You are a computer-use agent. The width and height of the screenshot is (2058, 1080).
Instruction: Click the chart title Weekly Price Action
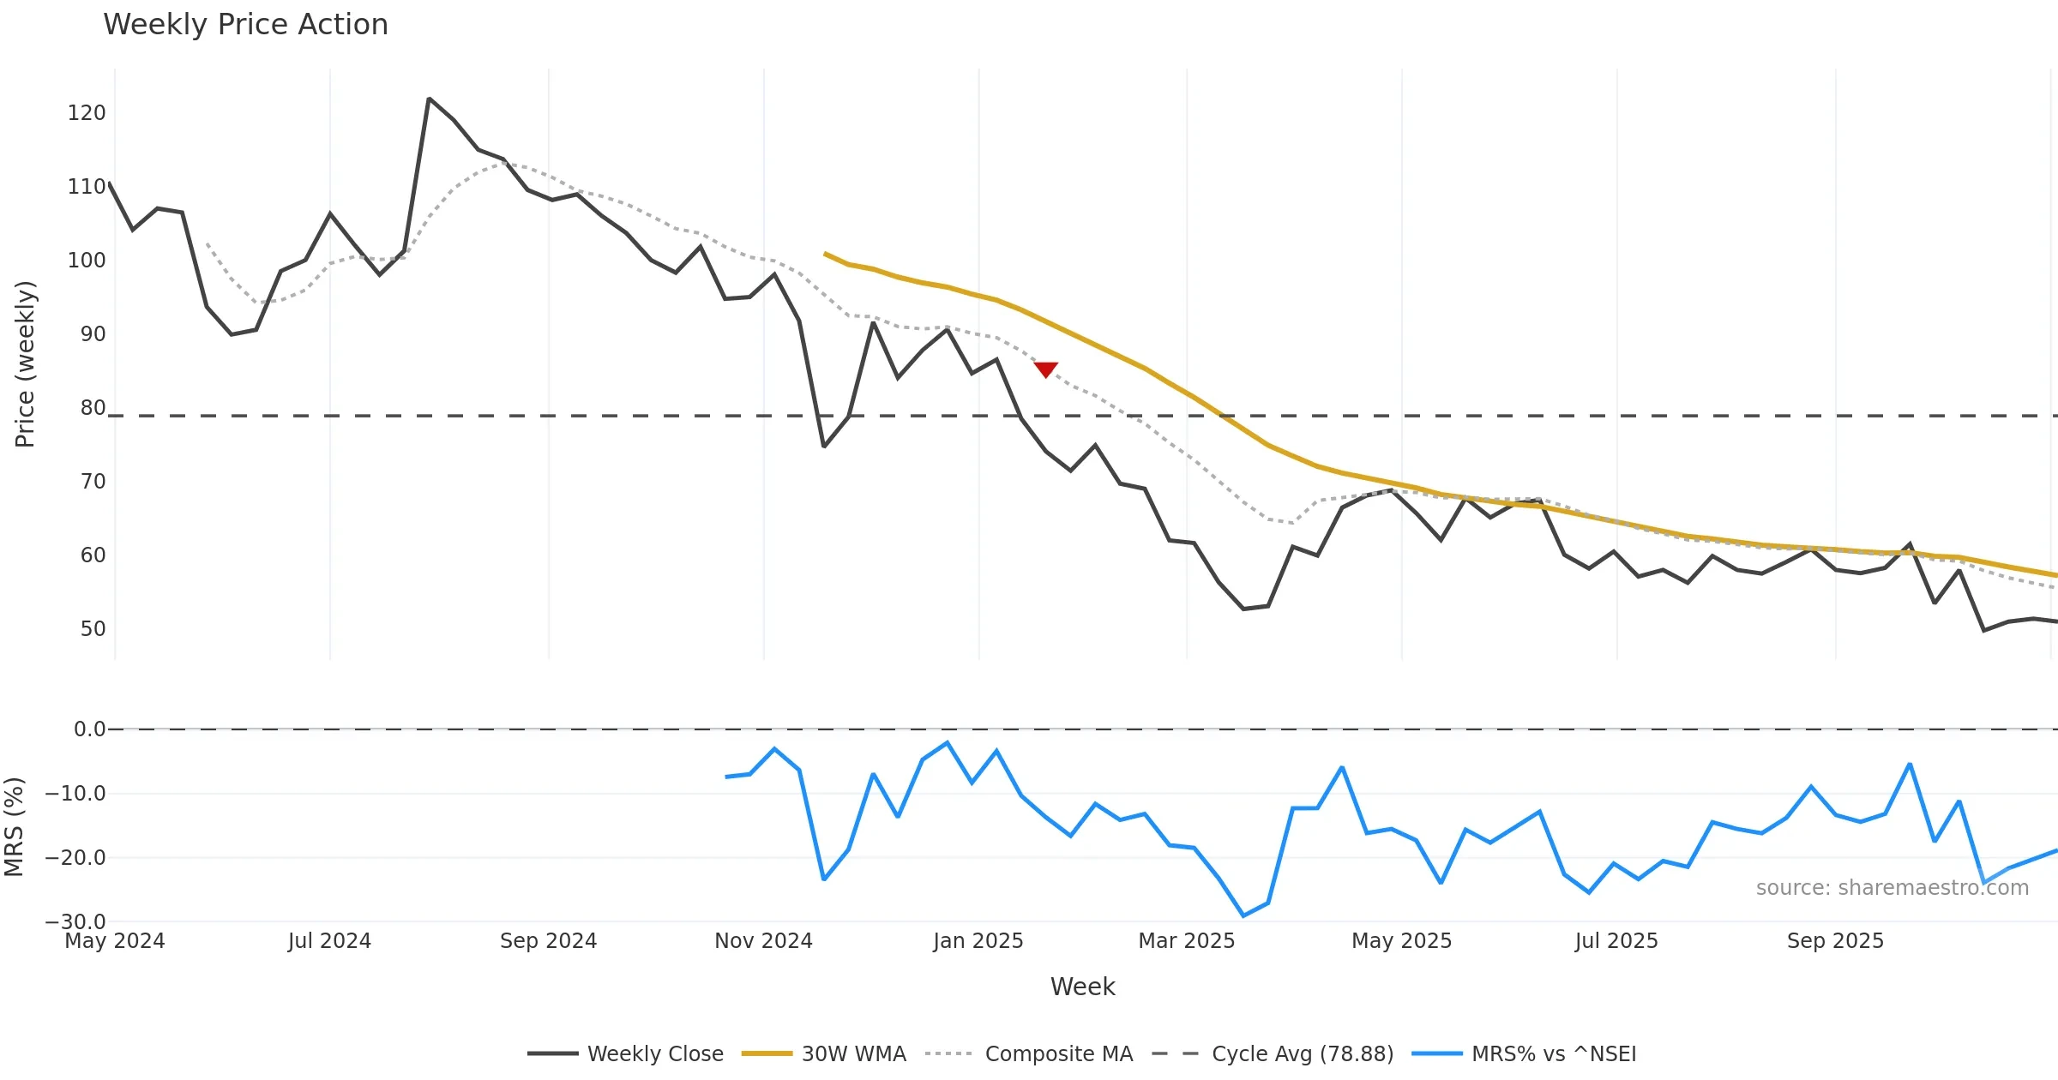point(245,25)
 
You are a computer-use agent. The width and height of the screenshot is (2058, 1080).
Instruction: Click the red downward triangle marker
point(1045,369)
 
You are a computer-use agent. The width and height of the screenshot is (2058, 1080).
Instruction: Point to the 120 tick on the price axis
point(87,113)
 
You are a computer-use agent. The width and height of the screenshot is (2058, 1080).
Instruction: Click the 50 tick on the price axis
point(93,629)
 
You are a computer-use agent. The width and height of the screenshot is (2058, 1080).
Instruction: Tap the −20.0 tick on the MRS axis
point(75,858)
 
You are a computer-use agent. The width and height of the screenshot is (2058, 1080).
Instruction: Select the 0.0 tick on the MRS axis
point(89,729)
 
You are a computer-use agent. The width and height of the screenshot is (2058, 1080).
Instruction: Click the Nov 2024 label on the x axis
point(763,941)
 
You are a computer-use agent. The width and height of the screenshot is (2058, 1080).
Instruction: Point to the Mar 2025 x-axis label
point(1186,941)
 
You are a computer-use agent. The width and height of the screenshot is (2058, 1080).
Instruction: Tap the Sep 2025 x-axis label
point(1835,941)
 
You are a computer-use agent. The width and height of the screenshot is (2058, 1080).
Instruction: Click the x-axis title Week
point(1082,987)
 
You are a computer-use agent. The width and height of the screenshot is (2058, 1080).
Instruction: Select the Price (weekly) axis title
point(25,364)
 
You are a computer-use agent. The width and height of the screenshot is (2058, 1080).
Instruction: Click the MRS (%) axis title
point(14,827)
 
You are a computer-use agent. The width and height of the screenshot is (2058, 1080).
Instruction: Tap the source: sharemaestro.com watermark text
point(1892,888)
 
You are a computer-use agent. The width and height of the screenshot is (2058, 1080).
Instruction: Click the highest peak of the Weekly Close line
point(429,99)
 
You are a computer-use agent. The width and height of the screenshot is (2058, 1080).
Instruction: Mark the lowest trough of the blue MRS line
point(1243,916)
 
